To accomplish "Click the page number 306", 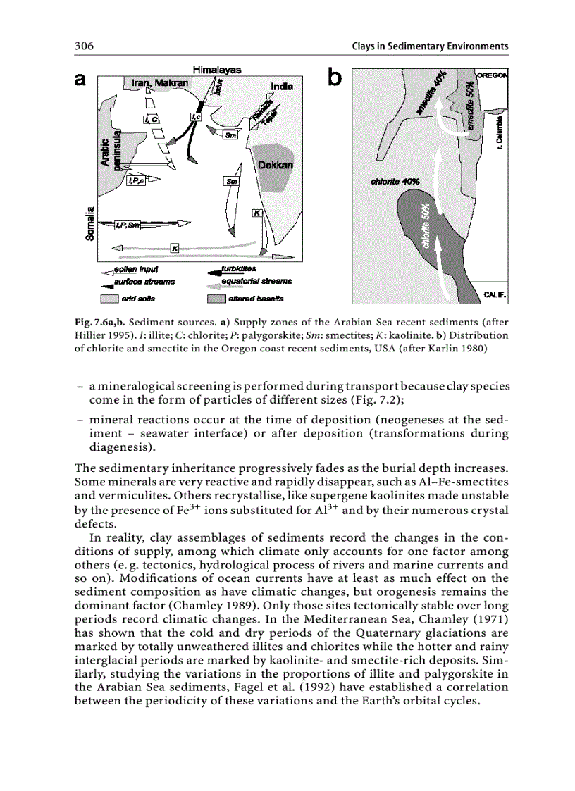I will [85, 46].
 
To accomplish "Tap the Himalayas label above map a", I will [217, 70].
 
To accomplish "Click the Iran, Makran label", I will [161, 83].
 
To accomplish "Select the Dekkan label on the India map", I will [276, 165].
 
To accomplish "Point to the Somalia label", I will [89, 223].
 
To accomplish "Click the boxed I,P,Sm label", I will [128, 225].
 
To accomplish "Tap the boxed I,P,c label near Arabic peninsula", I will [136, 181].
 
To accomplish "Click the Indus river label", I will [219, 87].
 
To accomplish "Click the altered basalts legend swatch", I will [216, 299].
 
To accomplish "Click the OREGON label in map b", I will [493, 75].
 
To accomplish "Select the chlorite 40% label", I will [395, 181].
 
